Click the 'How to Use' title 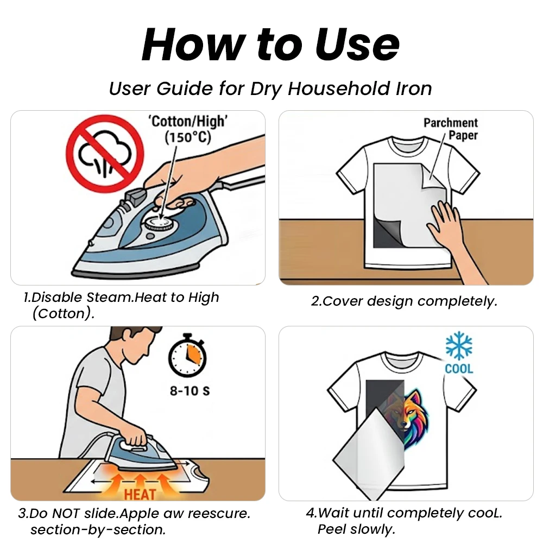click(x=270, y=45)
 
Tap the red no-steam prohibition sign click(x=105, y=154)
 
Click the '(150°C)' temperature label click(x=188, y=137)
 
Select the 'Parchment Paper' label click(x=451, y=129)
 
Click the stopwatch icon click(x=187, y=355)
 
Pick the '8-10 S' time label click(x=190, y=391)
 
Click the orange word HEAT click(x=140, y=495)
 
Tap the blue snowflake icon click(x=459, y=345)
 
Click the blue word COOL click(x=459, y=369)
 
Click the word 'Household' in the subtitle click(x=339, y=89)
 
